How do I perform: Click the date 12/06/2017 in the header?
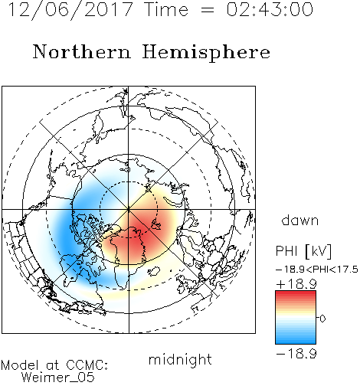click(70, 9)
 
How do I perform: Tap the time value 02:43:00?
click(270, 9)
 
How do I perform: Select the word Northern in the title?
click(82, 51)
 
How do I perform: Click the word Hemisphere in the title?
click(206, 53)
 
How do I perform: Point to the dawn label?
click(300, 220)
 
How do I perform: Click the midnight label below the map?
click(180, 360)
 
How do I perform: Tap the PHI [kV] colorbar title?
click(304, 251)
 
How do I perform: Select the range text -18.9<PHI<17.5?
click(317, 270)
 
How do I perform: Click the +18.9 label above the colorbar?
click(296, 284)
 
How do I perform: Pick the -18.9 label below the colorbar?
click(296, 354)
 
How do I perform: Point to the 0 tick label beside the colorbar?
click(322, 319)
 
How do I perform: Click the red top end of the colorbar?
click(296, 294)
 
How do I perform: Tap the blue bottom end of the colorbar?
click(296, 341)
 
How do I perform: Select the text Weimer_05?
click(58, 378)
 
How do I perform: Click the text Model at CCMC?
click(54, 365)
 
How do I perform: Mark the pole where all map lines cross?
click(129, 210)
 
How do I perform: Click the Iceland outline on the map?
click(154, 271)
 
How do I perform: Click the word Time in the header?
click(166, 9)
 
